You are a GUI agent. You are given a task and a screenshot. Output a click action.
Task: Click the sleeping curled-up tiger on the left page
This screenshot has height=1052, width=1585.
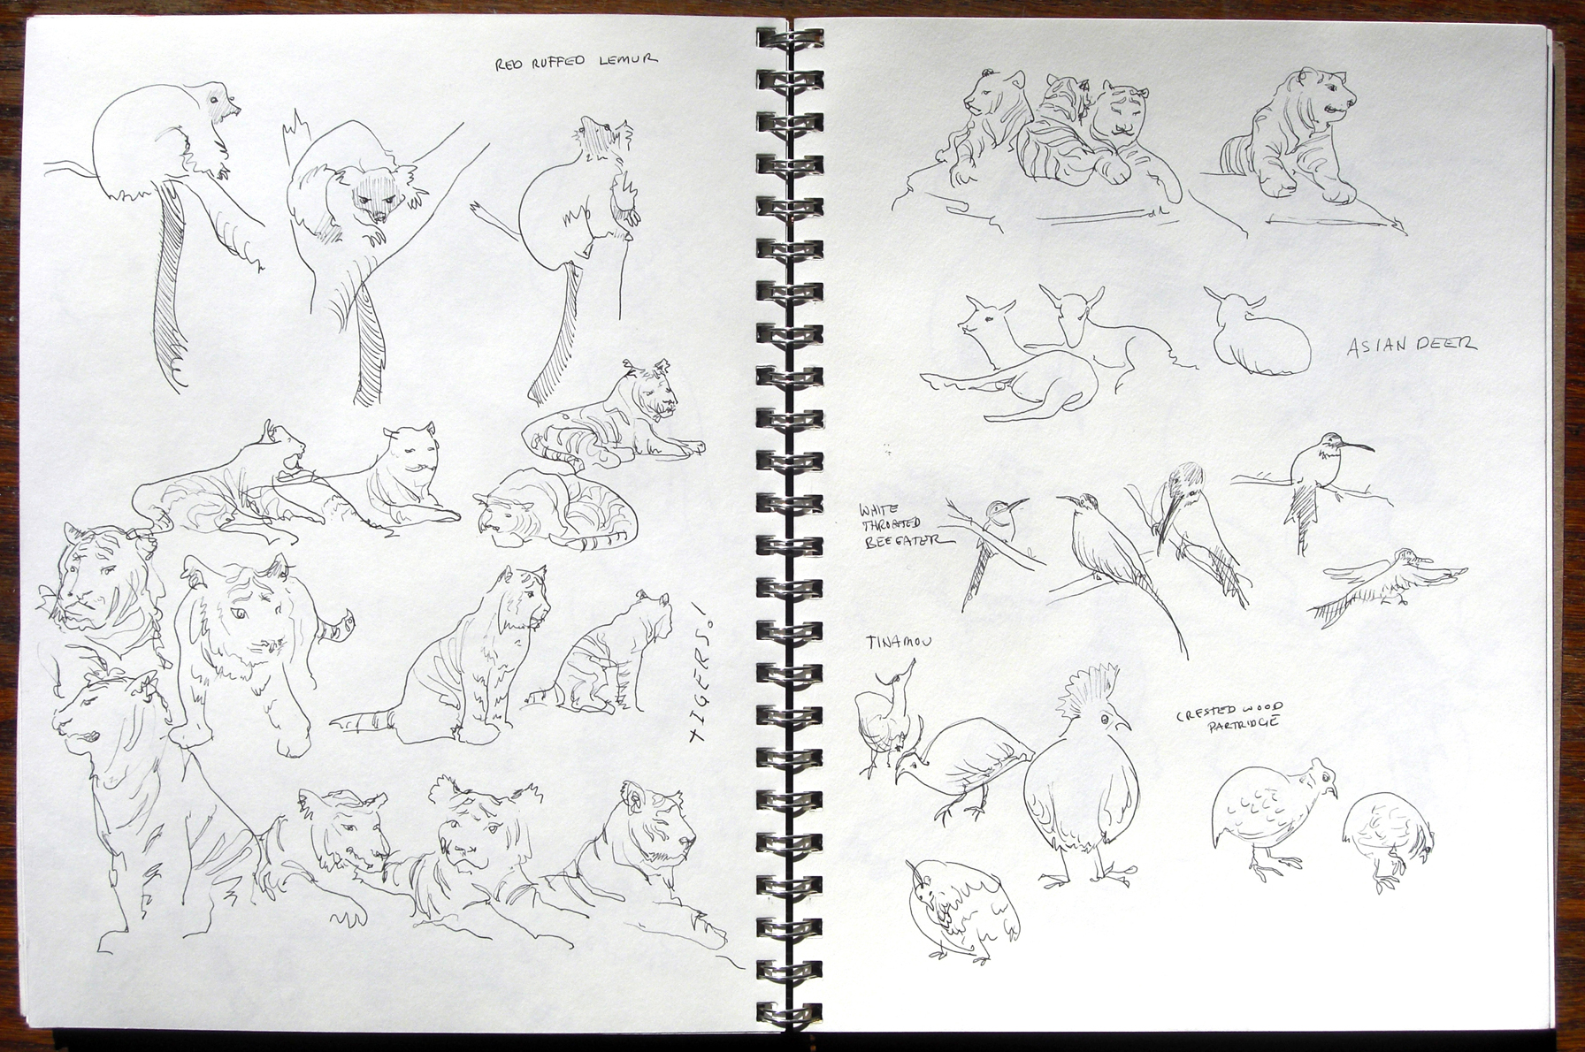pos(555,509)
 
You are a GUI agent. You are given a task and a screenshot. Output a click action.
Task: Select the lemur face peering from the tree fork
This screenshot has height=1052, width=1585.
pos(373,200)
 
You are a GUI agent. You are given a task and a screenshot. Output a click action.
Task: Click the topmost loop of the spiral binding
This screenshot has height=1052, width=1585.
pos(790,39)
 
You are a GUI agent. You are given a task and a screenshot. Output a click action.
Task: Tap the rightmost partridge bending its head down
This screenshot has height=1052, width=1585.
pos(1387,841)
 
